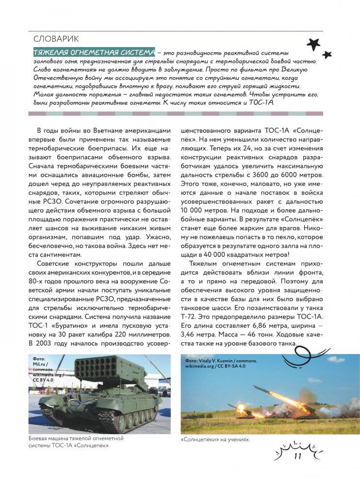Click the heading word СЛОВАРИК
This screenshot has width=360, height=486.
coord(57,39)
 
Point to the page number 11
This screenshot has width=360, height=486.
coord(298,455)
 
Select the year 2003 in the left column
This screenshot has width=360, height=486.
coord(45,344)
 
